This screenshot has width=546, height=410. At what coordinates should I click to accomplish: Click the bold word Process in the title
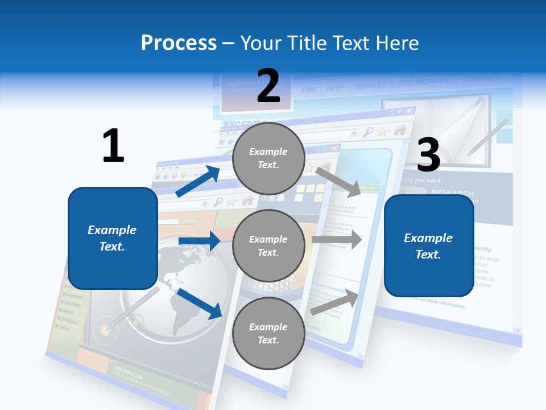(x=179, y=43)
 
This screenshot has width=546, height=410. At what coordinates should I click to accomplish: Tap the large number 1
(x=113, y=145)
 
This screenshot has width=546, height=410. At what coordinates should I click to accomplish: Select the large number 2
(x=268, y=85)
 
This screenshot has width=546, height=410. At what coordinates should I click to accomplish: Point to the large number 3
(x=429, y=155)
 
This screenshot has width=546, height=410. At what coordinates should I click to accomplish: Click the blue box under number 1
(x=113, y=238)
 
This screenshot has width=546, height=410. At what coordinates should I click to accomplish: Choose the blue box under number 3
(x=429, y=246)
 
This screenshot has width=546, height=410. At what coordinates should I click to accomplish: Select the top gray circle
(x=268, y=158)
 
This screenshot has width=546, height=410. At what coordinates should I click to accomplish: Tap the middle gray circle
(x=268, y=245)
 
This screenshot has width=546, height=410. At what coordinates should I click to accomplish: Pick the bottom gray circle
(x=268, y=333)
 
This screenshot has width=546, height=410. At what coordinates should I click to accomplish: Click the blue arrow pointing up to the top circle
(x=197, y=182)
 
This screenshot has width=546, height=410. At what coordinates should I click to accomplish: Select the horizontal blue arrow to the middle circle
(x=199, y=241)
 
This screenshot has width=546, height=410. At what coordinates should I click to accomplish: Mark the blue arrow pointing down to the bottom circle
(x=199, y=303)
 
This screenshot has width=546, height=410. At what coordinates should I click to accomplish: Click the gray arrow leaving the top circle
(x=339, y=182)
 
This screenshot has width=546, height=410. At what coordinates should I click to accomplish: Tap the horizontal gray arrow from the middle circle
(x=337, y=240)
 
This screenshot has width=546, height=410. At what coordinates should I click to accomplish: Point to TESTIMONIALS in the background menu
(x=423, y=83)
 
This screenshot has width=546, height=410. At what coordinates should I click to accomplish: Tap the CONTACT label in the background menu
(x=481, y=78)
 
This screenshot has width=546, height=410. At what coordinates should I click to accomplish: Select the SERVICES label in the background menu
(x=371, y=86)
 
